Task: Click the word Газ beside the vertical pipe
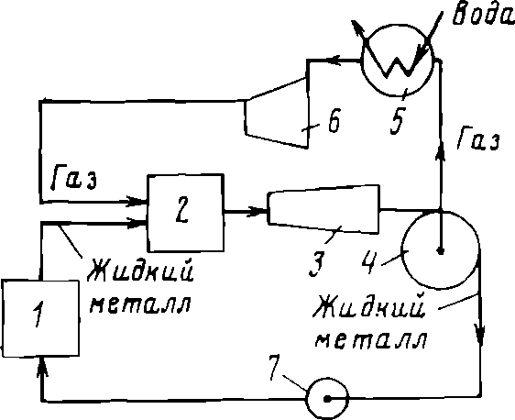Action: pyautogui.click(x=479, y=139)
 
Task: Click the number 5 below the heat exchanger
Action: pyautogui.click(x=398, y=119)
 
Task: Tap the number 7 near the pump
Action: pyautogui.click(x=274, y=368)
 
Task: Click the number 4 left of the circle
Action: pyautogui.click(x=369, y=260)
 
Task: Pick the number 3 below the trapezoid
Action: pyautogui.click(x=317, y=263)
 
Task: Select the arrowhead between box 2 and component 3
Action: pyautogui.click(x=257, y=211)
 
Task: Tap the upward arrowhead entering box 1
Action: pyautogui.click(x=42, y=367)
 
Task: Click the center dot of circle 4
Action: pyautogui.click(x=441, y=250)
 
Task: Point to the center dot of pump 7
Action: pyautogui.click(x=327, y=399)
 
